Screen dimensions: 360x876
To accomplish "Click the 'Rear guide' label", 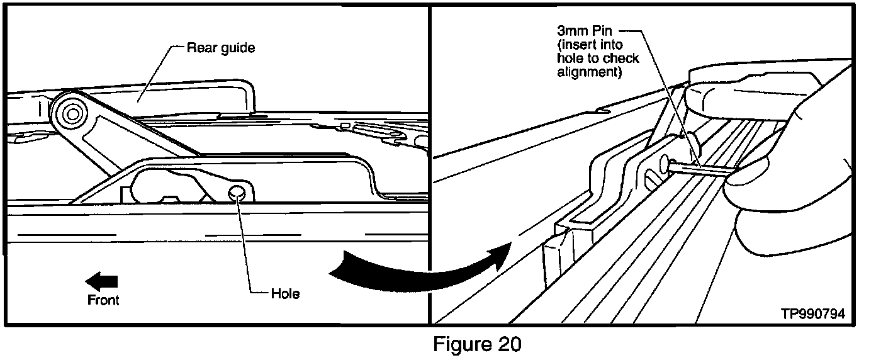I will click(x=220, y=48).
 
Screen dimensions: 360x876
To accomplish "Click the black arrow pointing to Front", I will click(x=102, y=281).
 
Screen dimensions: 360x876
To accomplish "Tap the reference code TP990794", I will click(x=812, y=313).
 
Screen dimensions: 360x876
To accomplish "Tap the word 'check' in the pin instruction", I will click(x=622, y=59).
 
